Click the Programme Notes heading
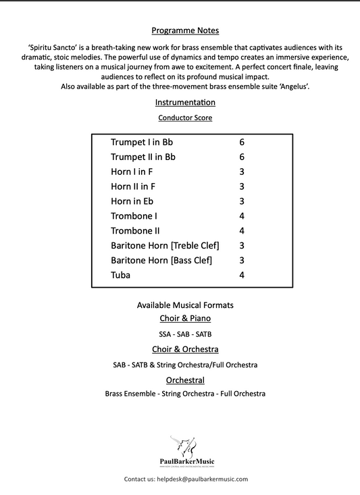185,30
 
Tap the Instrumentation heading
185,103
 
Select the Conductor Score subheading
185,118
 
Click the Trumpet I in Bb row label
143,142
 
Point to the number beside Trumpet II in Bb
241,157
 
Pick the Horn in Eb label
135,201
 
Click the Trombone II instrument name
134,231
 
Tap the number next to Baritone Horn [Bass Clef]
241,261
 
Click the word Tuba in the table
121,276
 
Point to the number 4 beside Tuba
241,276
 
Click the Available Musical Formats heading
185,305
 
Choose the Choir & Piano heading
185,317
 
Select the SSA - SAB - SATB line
185,334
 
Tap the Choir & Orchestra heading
185,349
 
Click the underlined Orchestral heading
185,380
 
